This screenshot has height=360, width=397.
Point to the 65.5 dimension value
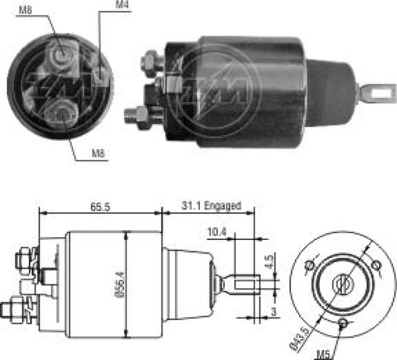(100, 206)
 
